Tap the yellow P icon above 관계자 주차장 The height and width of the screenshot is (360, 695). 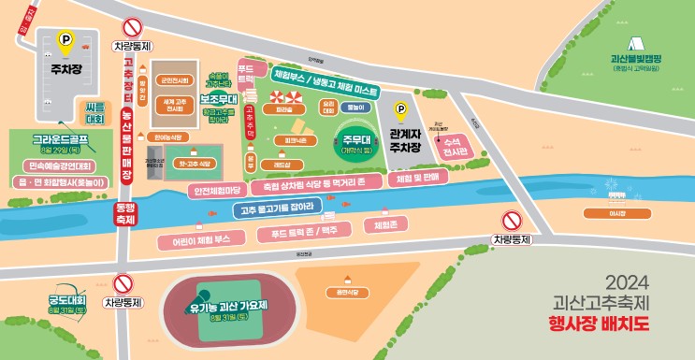(x=402, y=110)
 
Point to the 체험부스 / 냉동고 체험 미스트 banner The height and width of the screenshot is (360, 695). (x=325, y=82)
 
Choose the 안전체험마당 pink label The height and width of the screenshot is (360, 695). (x=217, y=191)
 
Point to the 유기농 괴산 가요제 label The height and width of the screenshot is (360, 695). (x=228, y=305)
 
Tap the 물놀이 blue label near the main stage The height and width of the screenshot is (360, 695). (x=355, y=108)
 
